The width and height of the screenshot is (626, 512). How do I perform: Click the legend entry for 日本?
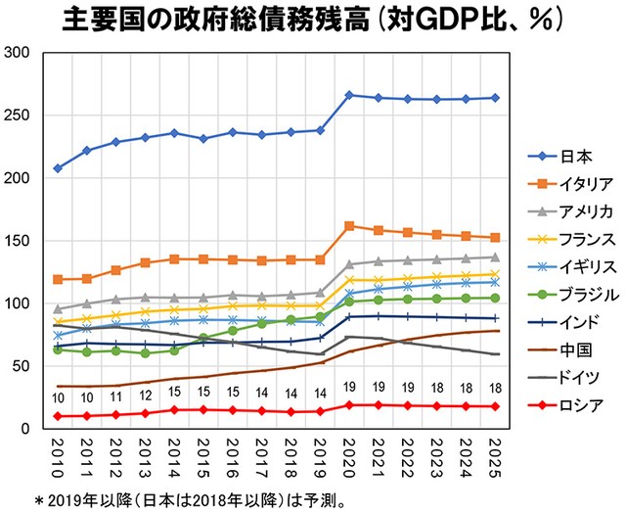coord(567,157)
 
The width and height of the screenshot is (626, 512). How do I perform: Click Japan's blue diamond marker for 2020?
coord(349,95)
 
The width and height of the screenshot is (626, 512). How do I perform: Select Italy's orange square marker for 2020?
coord(349,226)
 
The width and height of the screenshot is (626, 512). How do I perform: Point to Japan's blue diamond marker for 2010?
coord(58,168)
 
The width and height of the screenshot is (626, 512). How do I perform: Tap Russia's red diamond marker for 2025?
coord(495,406)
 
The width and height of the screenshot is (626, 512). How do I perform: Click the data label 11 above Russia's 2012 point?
coord(116,398)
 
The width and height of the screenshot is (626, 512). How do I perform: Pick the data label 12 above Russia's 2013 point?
coord(146,396)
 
